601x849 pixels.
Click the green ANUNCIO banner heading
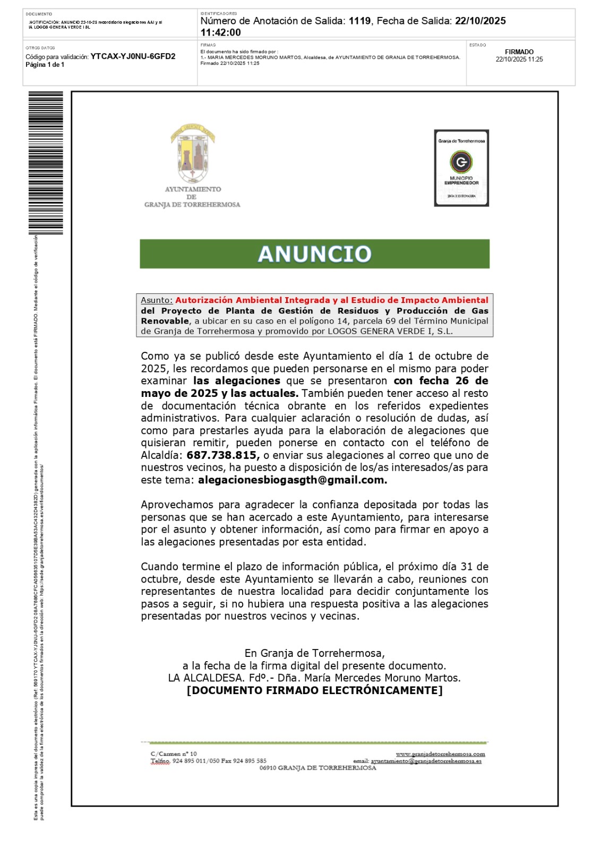click(x=314, y=254)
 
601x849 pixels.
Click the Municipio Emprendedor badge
click(x=461, y=168)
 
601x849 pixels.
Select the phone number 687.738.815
click(x=222, y=455)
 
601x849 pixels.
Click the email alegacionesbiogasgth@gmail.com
click(x=293, y=480)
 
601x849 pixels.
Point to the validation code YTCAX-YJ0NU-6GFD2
click(x=133, y=56)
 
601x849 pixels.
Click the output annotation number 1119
click(x=360, y=21)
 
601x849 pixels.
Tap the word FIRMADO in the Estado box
click(x=519, y=52)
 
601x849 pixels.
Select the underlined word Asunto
click(x=157, y=300)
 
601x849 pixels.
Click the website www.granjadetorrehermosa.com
click(x=440, y=753)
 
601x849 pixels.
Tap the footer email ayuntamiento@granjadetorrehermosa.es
click(x=426, y=761)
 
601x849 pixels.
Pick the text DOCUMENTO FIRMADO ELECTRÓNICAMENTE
click(x=314, y=690)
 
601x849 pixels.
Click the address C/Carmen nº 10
click(x=174, y=753)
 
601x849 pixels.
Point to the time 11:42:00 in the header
click(x=221, y=32)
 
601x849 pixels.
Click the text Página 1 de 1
click(x=45, y=65)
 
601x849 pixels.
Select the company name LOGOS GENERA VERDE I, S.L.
click(x=390, y=331)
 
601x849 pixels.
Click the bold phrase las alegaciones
click(x=237, y=381)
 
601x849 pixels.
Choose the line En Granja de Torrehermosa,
click(x=314, y=653)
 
